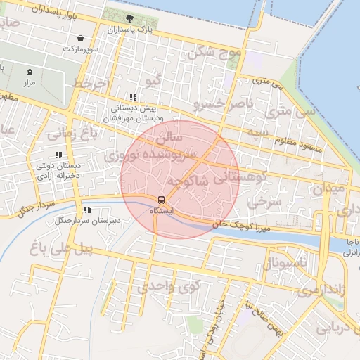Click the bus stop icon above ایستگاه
(161, 200)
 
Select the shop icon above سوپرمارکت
(82, 38)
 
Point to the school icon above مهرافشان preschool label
(132, 98)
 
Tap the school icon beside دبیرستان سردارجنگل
(87, 210)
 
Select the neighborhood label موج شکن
(213, 52)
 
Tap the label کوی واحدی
(169, 285)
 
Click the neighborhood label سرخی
(264, 202)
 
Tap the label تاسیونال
(285, 264)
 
